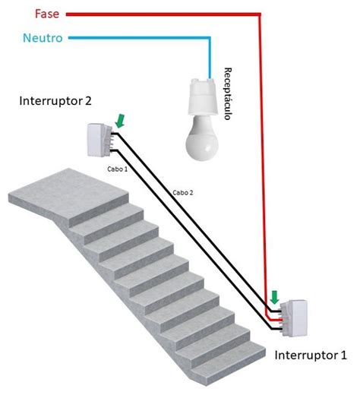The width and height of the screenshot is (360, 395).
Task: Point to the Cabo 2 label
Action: click(183, 193)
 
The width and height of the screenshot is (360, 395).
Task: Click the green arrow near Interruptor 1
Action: click(274, 296)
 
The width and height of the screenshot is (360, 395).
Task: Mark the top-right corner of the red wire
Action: click(261, 14)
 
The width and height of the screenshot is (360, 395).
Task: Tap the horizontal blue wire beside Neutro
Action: click(137, 37)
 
